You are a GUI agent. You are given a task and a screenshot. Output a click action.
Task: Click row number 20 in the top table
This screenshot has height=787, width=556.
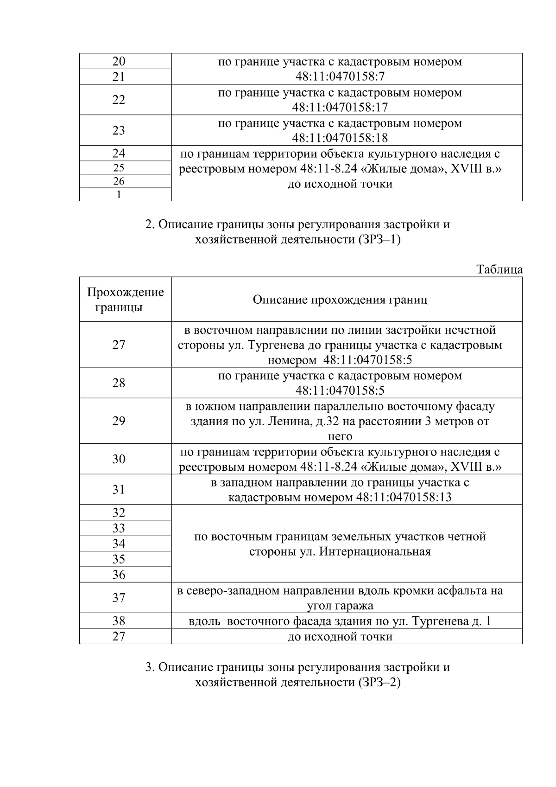[x=119, y=62]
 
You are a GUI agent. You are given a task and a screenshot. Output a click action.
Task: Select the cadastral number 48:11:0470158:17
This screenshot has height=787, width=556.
[x=340, y=108]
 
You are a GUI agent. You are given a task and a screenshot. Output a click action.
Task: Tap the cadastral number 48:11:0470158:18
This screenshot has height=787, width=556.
[x=340, y=138]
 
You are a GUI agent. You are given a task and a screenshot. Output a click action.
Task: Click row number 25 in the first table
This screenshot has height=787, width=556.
[x=119, y=168]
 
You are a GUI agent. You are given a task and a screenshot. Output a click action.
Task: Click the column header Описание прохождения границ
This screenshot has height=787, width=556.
[x=340, y=300]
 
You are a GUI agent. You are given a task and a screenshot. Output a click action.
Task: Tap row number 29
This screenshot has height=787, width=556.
[x=119, y=421]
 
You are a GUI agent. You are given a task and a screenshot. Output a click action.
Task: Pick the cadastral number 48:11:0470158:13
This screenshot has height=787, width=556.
[x=404, y=498]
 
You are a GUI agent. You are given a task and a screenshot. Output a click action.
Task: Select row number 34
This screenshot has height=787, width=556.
[x=119, y=544]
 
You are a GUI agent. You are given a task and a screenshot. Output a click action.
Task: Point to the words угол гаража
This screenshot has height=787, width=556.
[x=340, y=606]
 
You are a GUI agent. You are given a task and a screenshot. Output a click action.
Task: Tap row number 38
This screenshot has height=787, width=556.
[x=119, y=621]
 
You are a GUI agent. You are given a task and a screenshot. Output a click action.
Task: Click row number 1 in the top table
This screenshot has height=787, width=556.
[x=119, y=195]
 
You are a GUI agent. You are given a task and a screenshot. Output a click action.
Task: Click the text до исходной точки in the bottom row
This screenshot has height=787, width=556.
[x=340, y=637]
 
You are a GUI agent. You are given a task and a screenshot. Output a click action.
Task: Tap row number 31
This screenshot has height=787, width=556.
[x=119, y=490]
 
